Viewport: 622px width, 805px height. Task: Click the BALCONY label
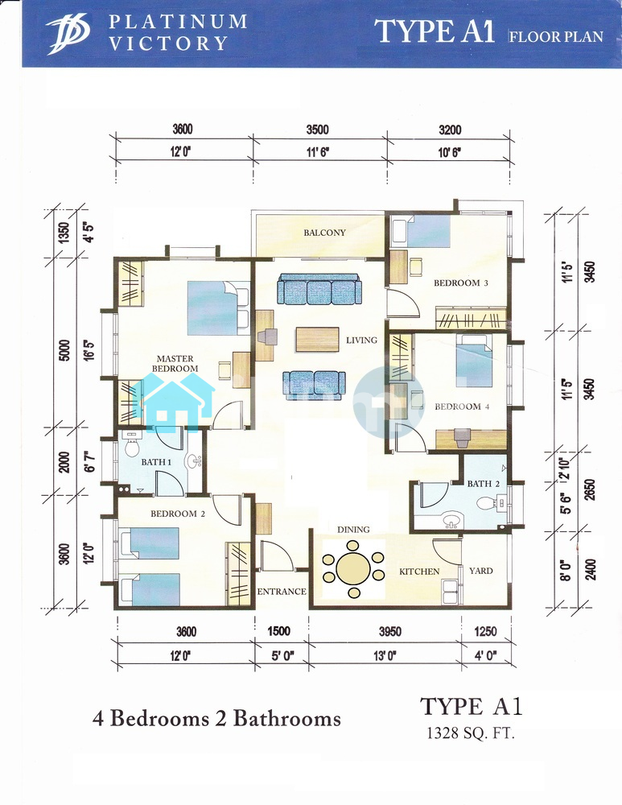tap(324, 233)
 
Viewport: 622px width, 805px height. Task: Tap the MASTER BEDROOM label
tap(175, 364)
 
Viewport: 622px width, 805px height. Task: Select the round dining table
tap(353, 569)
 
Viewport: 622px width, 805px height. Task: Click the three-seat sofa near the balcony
tap(319, 289)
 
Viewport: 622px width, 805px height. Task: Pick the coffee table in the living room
tap(317, 340)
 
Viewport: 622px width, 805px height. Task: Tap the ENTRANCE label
tap(282, 592)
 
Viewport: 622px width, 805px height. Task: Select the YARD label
tap(481, 571)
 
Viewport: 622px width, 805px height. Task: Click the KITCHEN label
tap(419, 572)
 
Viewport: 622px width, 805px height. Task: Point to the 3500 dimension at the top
tap(318, 130)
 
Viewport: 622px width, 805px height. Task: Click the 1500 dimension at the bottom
tap(279, 630)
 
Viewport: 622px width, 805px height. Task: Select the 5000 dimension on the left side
tap(64, 350)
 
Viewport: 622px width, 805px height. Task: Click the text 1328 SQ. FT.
tap(470, 733)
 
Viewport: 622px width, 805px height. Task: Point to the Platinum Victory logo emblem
tap(68, 34)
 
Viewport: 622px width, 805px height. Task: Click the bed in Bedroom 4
tap(474, 361)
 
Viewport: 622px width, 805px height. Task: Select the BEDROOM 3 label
tap(461, 283)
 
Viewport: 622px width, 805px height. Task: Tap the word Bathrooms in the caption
tap(287, 718)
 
